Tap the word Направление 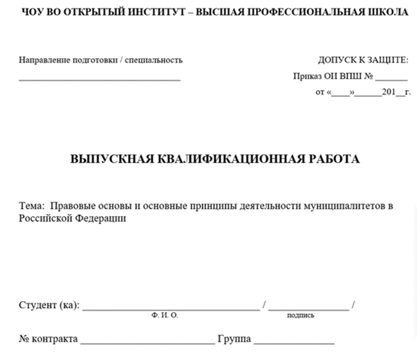(x=44, y=60)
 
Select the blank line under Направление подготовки (x=100, y=79)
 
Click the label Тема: (x=31, y=206)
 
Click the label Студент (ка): (x=49, y=305)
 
